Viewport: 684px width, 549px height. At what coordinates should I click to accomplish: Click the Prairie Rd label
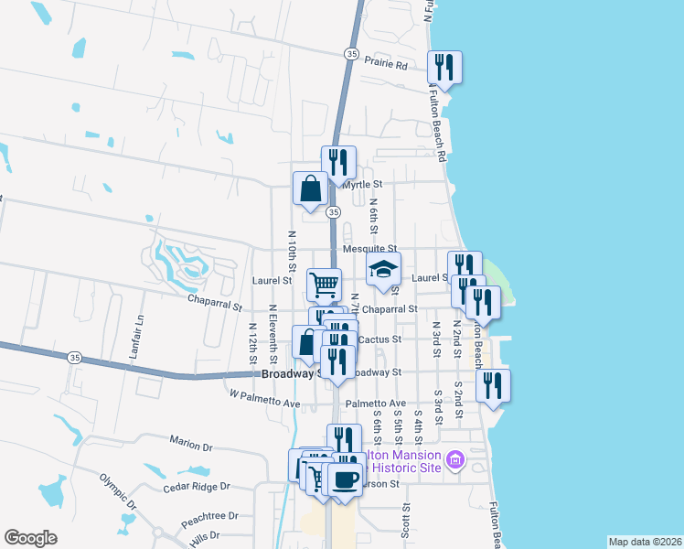pyautogui.click(x=385, y=64)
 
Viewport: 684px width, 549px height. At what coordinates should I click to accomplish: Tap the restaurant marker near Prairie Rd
pyautogui.click(x=444, y=68)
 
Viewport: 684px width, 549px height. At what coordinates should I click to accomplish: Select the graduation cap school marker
pyautogui.click(x=384, y=270)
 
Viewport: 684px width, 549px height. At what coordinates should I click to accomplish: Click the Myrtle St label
pyautogui.click(x=361, y=185)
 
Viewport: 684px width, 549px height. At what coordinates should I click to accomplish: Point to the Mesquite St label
pyautogui.click(x=369, y=249)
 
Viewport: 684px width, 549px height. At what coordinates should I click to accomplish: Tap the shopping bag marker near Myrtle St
pyautogui.click(x=311, y=189)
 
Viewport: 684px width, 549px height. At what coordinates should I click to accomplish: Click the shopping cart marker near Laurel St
pyautogui.click(x=323, y=285)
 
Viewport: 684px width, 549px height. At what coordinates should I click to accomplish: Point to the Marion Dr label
pyautogui.click(x=190, y=446)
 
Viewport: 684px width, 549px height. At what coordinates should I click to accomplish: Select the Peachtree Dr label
pyautogui.click(x=209, y=517)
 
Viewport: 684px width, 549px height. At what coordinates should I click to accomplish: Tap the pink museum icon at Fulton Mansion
pyautogui.click(x=454, y=459)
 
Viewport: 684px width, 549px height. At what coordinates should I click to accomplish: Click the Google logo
pyautogui.click(x=30, y=538)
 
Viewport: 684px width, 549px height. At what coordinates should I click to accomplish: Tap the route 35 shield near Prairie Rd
pyautogui.click(x=352, y=55)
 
